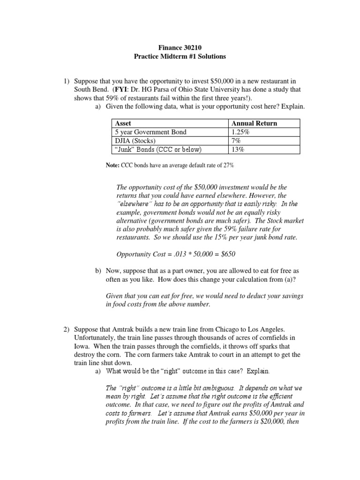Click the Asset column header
(x=123, y=123)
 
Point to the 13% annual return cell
(x=238, y=150)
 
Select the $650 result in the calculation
(x=227, y=255)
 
